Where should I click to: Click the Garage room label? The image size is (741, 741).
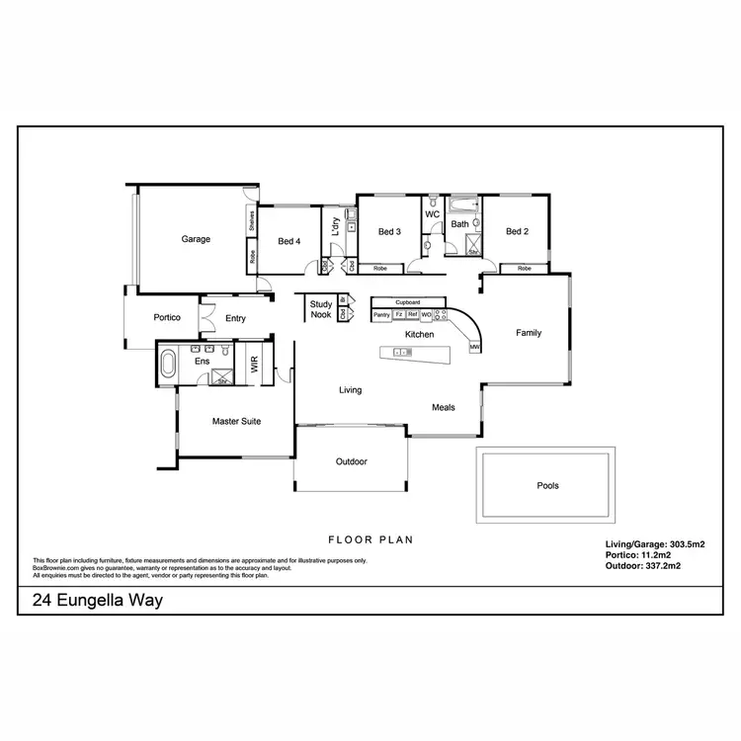click(x=196, y=239)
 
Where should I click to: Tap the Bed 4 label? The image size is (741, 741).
click(x=288, y=240)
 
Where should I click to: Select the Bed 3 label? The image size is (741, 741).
click(x=389, y=232)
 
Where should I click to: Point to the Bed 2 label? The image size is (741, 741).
click(x=518, y=232)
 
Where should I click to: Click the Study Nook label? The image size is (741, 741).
click(x=321, y=309)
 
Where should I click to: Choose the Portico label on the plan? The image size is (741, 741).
click(x=165, y=318)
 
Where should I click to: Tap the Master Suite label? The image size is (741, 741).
click(x=237, y=422)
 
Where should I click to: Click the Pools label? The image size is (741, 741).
click(x=547, y=486)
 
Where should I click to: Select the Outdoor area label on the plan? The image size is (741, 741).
click(x=351, y=461)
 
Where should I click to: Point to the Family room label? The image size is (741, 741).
click(x=529, y=333)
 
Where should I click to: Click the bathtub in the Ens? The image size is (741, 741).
click(x=167, y=366)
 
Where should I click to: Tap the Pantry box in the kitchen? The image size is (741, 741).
click(x=381, y=314)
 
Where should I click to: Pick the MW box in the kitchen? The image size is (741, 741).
click(x=474, y=348)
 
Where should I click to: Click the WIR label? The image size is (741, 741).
click(x=254, y=365)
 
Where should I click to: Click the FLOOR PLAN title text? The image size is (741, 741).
click(x=370, y=540)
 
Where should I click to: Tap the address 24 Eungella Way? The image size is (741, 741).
click(x=97, y=600)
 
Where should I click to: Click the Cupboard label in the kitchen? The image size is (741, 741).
click(x=408, y=302)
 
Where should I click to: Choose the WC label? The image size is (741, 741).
click(x=432, y=214)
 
